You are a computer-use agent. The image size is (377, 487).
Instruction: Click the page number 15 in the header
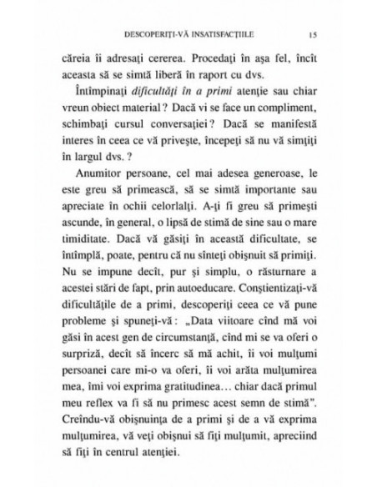coord(310,36)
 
